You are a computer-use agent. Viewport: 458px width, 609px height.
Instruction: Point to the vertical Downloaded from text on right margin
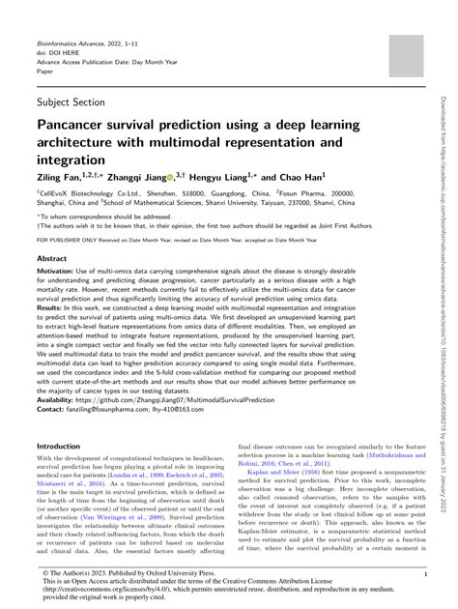click(445, 145)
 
